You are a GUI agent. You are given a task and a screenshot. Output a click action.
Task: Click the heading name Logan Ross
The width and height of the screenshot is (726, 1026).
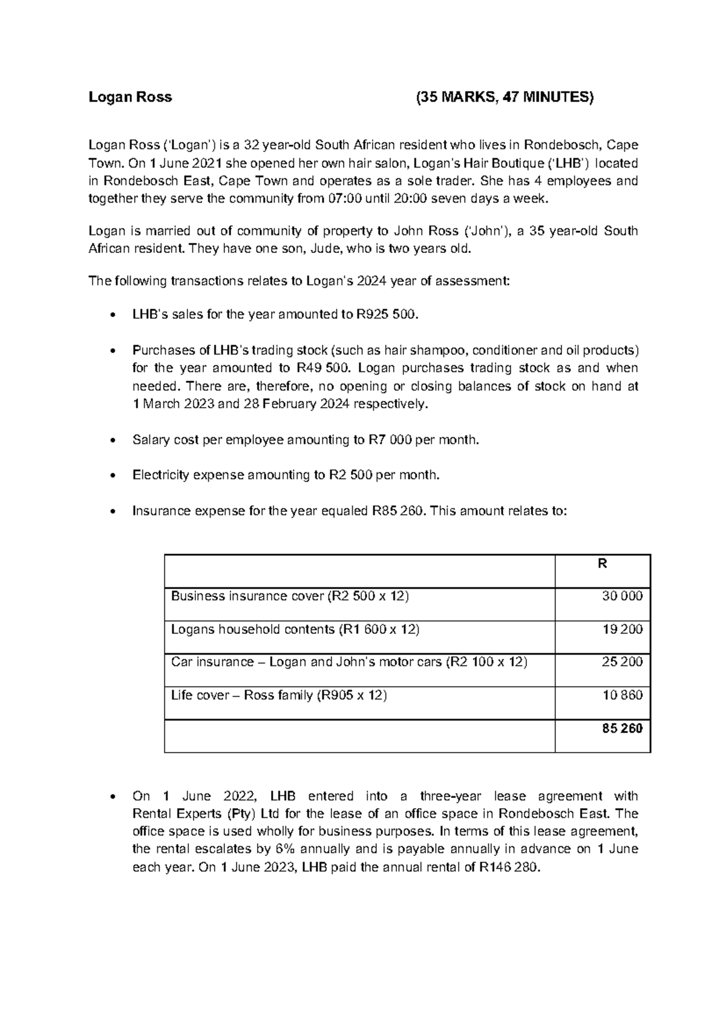(130, 97)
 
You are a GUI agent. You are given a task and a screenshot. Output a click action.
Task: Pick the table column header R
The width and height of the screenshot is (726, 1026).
(602, 564)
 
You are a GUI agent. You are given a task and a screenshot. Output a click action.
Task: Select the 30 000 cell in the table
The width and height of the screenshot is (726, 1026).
(622, 596)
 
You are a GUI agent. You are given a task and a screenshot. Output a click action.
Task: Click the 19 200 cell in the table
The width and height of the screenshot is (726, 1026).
(623, 629)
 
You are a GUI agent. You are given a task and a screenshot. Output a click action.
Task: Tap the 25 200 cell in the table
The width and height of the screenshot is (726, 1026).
(622, 662)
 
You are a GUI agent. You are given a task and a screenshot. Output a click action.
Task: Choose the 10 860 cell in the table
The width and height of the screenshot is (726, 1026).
(623, 695)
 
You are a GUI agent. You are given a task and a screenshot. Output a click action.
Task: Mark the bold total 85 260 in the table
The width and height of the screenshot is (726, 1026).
(622, 728)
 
